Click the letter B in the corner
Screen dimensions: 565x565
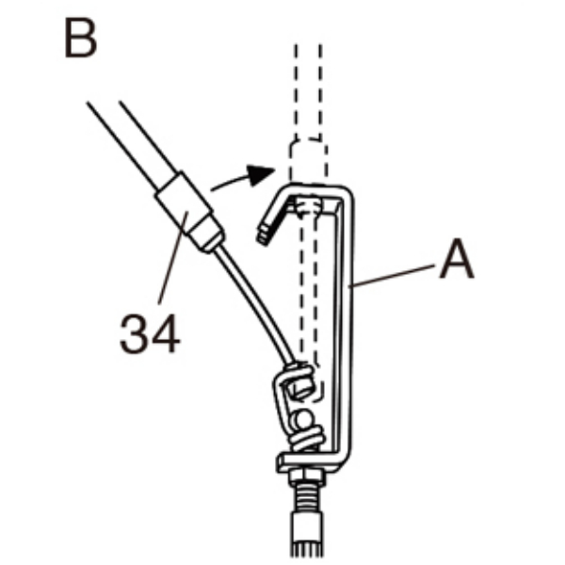81,39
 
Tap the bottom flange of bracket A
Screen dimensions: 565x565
311,461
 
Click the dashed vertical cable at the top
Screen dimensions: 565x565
307,85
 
